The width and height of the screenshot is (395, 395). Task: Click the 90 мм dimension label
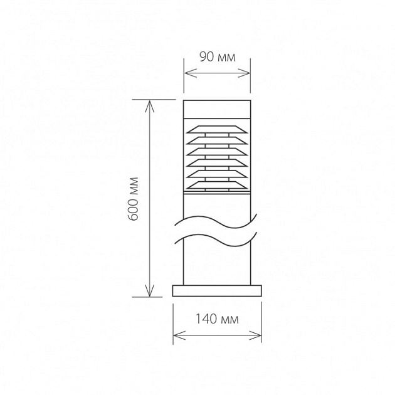point(218,57)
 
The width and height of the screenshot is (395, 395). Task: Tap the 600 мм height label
point(133,199)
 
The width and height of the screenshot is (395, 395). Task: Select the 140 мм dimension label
point(217,319)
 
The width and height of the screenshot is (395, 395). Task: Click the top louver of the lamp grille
point(217,129)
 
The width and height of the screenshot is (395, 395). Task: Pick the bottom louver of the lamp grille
point(217,185)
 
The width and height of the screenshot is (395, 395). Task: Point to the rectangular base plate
point(217,291)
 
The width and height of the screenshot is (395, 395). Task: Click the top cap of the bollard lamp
point(217,109)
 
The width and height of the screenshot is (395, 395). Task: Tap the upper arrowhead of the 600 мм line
point(150,106)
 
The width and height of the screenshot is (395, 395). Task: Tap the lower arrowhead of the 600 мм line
point(150,291)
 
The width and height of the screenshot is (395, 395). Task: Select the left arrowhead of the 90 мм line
point(190,73)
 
